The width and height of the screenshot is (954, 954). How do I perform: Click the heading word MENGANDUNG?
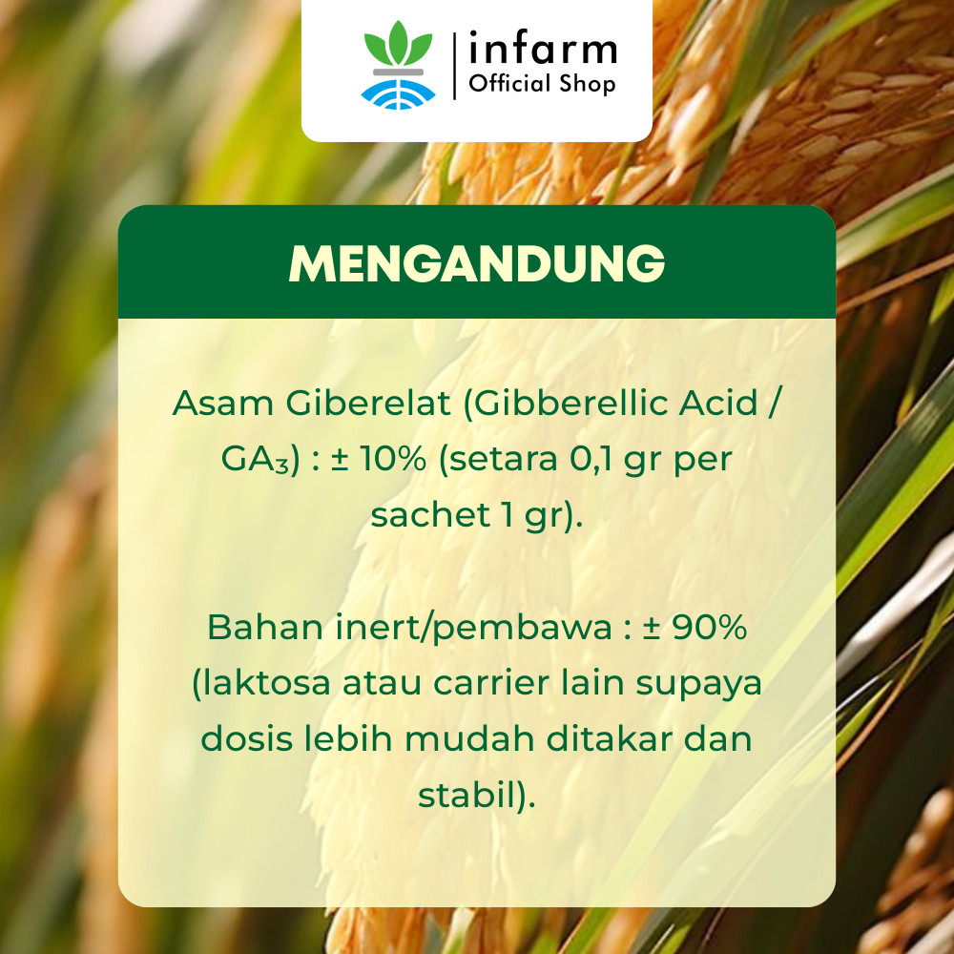tap(476, 264)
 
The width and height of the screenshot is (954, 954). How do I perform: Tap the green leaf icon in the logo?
tap(398, 45)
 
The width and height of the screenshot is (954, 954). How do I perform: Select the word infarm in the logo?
tap(543, 49)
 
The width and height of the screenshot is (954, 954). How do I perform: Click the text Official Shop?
tap(542, 84)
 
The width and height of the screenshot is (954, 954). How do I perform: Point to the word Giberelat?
tap(368, 403)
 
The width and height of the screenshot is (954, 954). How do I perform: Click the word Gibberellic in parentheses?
tap(567, 403)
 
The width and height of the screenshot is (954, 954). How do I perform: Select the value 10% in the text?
tap(392, 459)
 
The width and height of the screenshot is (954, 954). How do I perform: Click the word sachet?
tap(430, 515)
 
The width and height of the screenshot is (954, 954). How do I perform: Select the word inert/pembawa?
tap(473, 629)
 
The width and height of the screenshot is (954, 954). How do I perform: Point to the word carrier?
tap(491, 683)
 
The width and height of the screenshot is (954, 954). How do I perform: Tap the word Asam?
tap(222, 403)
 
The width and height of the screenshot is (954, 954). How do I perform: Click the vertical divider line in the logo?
tap(454, 66)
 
